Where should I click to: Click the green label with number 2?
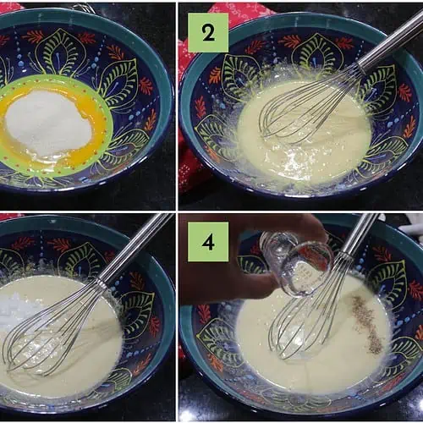208,33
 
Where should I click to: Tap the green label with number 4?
208,242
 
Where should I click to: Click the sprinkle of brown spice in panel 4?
366,320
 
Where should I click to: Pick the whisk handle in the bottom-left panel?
135,248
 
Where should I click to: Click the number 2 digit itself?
208,33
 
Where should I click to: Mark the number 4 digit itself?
208,242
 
